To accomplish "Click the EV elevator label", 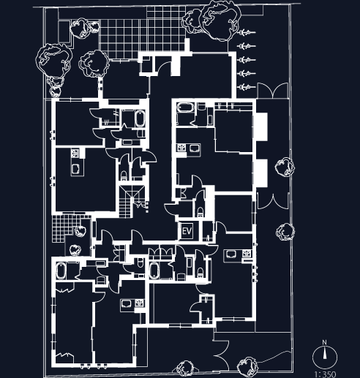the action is coord(187,231).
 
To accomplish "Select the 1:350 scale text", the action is coord(325,374).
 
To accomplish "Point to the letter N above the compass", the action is coord(324,342).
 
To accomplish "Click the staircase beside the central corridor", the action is coord(132,201).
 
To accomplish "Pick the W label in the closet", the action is coord(107,122).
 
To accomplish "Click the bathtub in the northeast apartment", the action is coord(185,107).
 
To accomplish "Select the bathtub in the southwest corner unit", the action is coord(61,271).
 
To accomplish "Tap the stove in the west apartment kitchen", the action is coord(75,153).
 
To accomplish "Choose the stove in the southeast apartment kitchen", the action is coord(247,254).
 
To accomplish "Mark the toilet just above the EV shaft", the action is coord(200,211).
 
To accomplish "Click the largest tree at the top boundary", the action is coord(220,20).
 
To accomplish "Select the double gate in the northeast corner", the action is coord(273,91).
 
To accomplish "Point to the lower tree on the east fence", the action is coord(285,232).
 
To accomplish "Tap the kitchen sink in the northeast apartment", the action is coord(195,148).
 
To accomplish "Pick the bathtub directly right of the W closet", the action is coord(140,118).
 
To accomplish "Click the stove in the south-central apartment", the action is coord(139,303).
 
